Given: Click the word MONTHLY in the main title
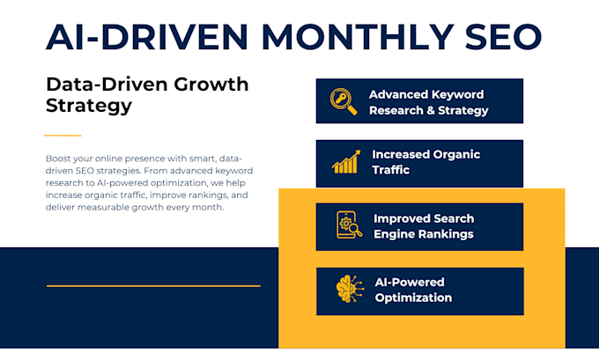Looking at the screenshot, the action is click(359, 37).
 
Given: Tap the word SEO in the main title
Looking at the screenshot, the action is click(504, 37).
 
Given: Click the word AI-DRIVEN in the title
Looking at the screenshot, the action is click(147, 37).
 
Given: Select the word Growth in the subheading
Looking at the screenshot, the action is click(211, 84).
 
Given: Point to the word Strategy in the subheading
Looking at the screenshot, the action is click(89, 106).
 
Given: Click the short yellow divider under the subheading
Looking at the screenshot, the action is click(63, 136).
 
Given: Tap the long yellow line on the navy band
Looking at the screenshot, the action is click(153, 285).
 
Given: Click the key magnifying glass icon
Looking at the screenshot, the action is click(344, 101).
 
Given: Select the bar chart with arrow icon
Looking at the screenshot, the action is click(346, 162).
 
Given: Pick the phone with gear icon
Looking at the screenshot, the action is click(349, 224).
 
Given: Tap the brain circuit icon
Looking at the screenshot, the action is click(350, 289).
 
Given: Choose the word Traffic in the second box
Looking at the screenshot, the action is click(391, 170).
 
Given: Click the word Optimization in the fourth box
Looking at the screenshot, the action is click(413, 298).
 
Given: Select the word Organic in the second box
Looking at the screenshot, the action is click(457, 155).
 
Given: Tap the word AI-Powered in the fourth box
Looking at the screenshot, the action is click(410, 283).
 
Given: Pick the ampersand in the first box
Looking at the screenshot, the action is click(431, 111).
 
